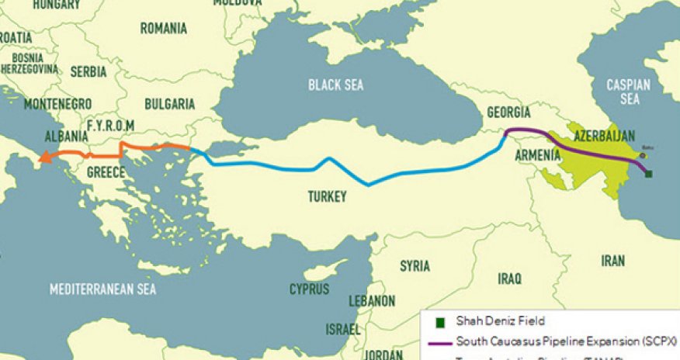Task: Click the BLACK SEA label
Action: [x=335, y=85]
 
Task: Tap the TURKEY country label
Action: [x=327, y=196]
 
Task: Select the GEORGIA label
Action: [x=508, y=113]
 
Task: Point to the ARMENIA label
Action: [x=537, y=155]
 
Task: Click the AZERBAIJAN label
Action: [x=605, y=135]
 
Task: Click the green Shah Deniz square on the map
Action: [x=649, y=174]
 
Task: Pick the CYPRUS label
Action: [x=309, y=289]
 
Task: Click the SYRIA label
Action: [x=415, y=266]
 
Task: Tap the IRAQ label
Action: [x=510, y=278]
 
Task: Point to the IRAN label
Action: [x=612, y=261]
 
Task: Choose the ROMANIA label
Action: [x=163, y=29]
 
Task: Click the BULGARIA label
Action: [x=169, y=103]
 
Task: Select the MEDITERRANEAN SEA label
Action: [x=102, y=289]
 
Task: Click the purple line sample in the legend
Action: [x=440, y=341]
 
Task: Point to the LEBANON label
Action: [x=372, y=300]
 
